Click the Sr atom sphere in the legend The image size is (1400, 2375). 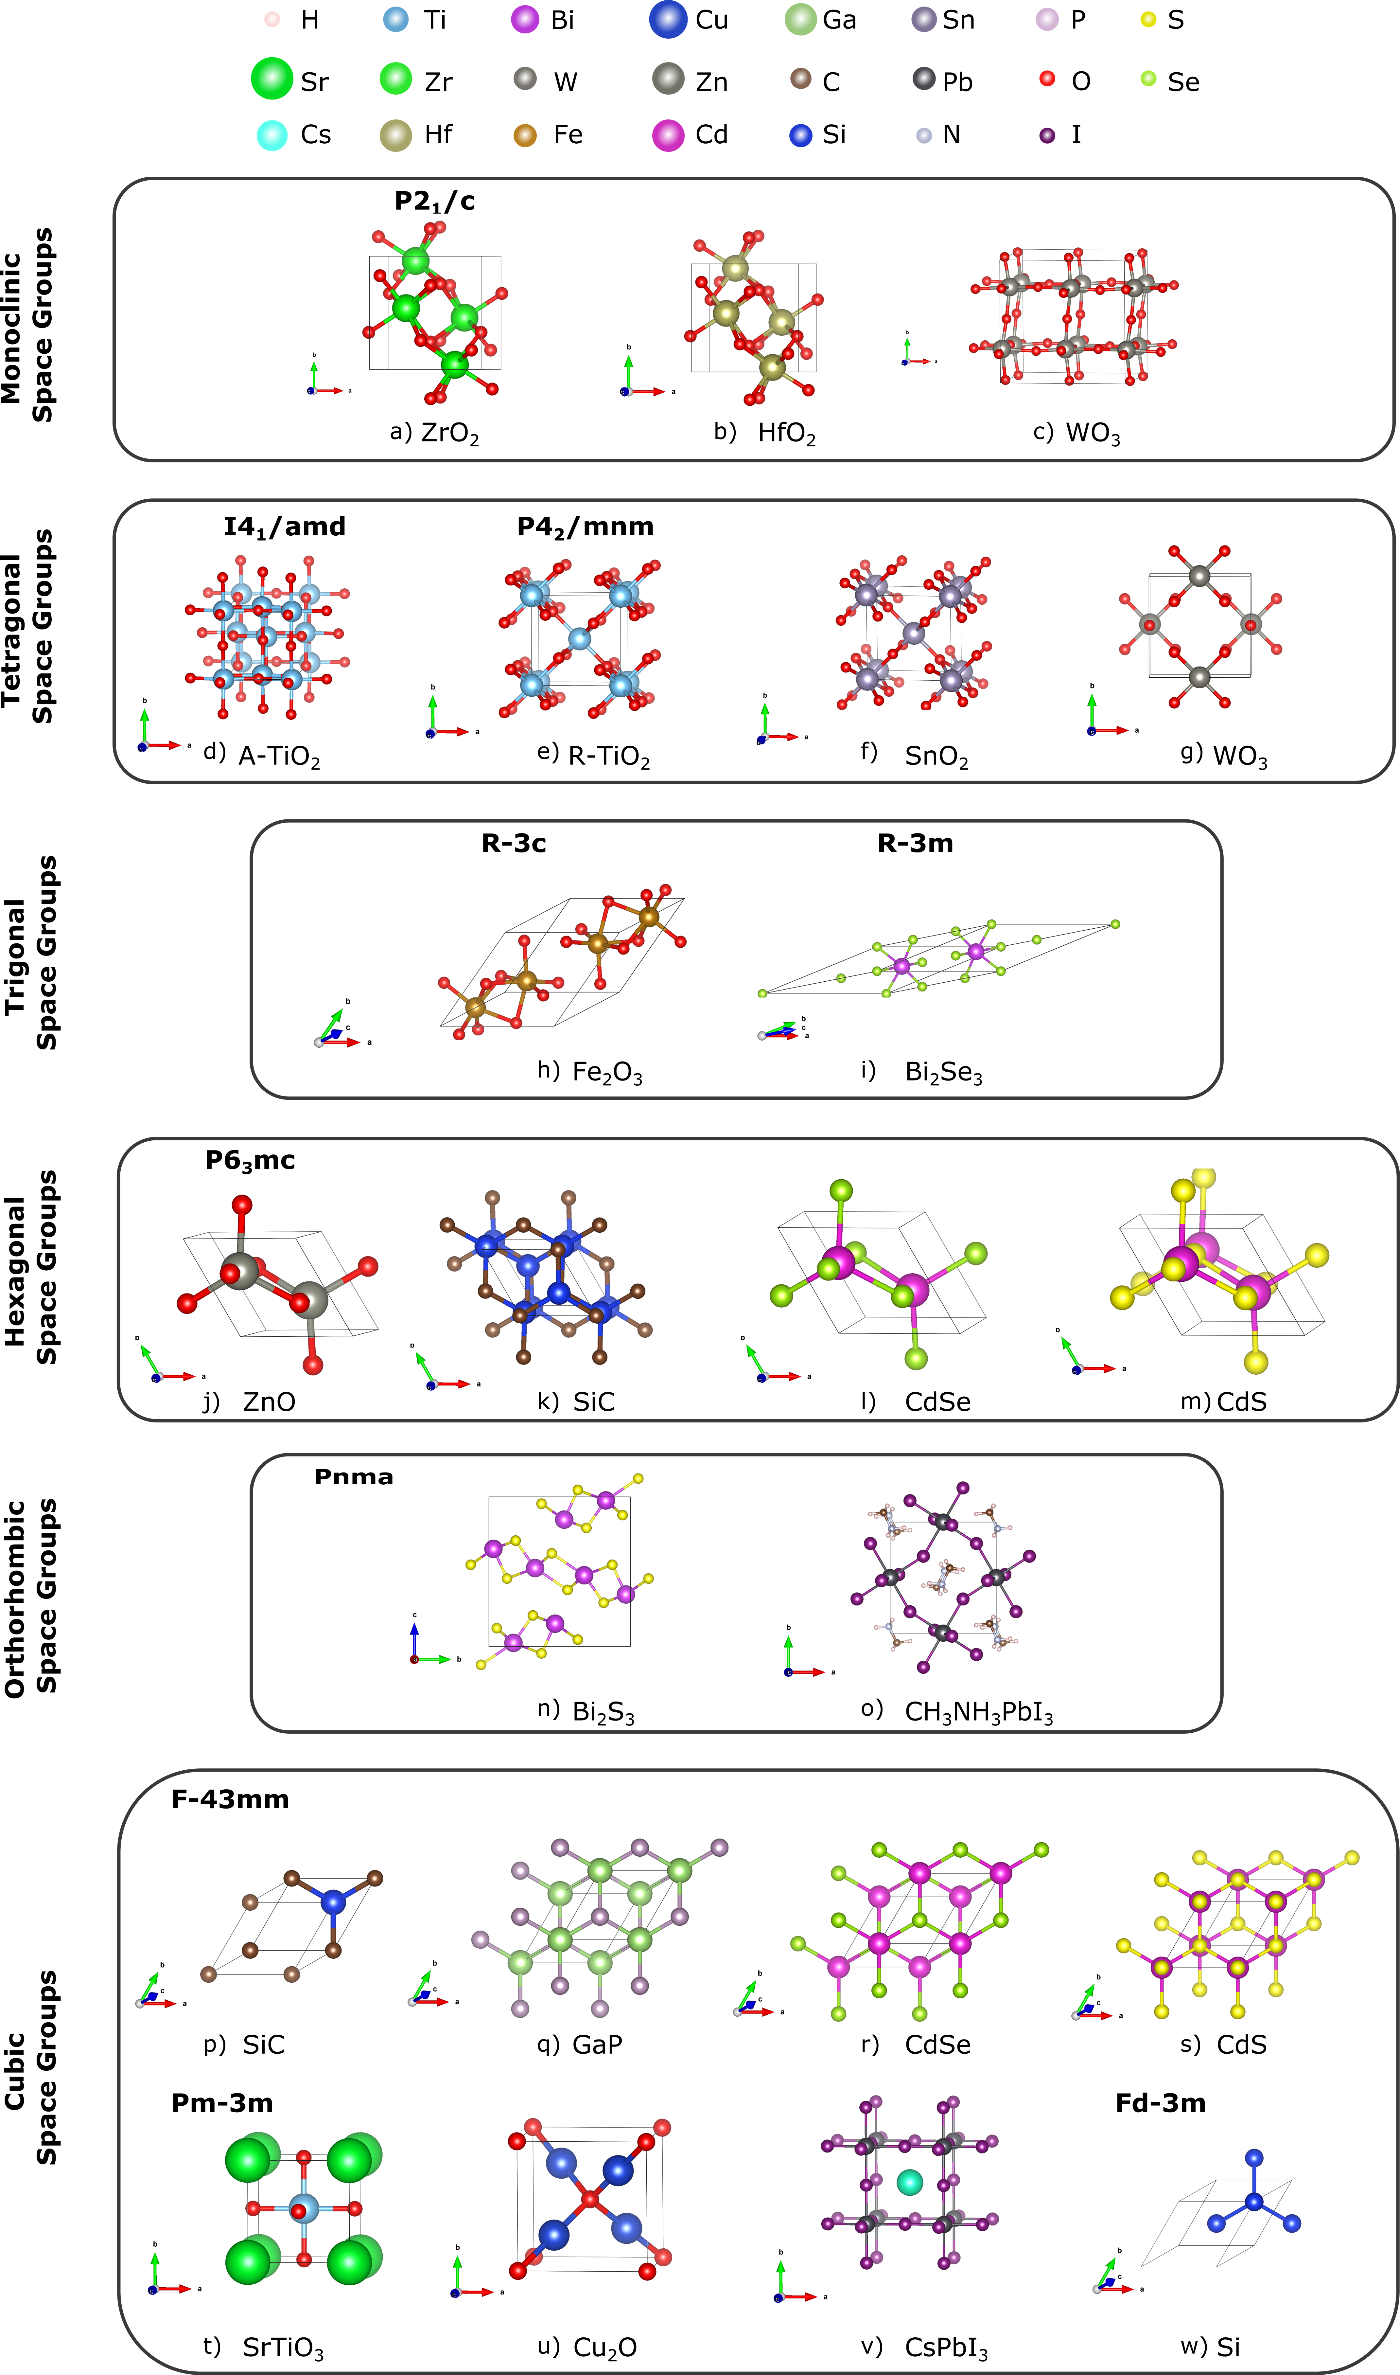pyautogui.click(x=272, y=78)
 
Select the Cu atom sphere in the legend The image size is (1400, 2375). pyautogui.click(x=668, y=20)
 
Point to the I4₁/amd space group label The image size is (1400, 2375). pyautogui.click(x=284, y=527)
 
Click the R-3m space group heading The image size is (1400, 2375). pyautogui.click(x=915, y=844)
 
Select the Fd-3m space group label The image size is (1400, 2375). pyautogui.click(x=1160, y=2103)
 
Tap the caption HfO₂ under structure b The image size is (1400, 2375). pyautogui.click(x=786, y=433)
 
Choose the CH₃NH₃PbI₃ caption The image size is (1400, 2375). pyautogui.click(x=978, y=1712)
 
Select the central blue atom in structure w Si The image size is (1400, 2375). pyautogui.click(x=1254, y=2201)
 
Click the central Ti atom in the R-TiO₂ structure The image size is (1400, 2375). pyautogui.click(x=579, y=639)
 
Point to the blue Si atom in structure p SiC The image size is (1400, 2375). pyautogui.click(x=333, y=1901)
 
